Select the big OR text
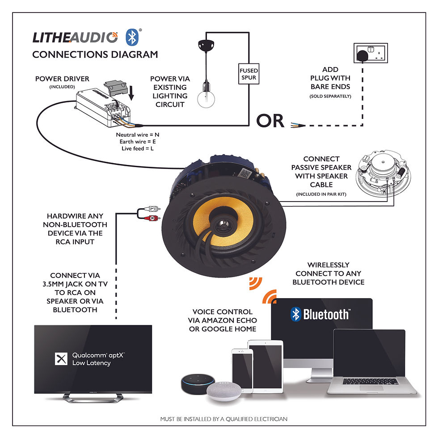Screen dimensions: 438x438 point(270,121)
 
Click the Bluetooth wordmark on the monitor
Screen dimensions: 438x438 point(320,314)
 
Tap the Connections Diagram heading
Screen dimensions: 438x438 point(95,55)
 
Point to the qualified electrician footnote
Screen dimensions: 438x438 point(223,419)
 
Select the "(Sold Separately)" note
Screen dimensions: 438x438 point(330,96)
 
